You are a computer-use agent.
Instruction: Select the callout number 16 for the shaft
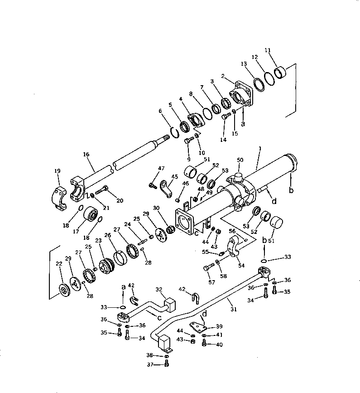click(86, 155)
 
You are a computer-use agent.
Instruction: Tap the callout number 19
click(57, 171)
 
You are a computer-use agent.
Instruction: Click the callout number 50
click(240, 160)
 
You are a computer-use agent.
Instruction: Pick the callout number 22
click(59, 264)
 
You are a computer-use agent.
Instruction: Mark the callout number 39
click(219, 326)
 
